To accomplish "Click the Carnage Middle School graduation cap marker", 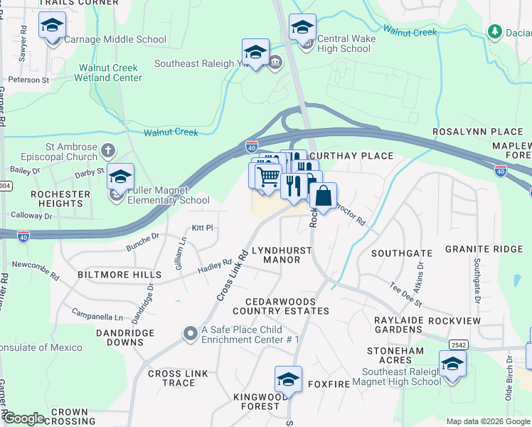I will coord(52,26).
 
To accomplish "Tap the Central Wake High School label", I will coord(344,44).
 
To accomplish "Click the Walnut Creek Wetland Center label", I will coord(109,73).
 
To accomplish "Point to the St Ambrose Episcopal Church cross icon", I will coord(107,151).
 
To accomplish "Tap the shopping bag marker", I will coord(323,196).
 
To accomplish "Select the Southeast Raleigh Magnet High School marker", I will coord(452,364).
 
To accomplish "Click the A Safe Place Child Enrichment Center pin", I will coord(190,333).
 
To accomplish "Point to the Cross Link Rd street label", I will coord(232,273).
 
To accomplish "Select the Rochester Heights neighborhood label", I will coord(60,199).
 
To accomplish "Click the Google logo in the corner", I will coord(23,418).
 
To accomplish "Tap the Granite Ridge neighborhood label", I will coord(484,249).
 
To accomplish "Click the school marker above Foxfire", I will coord(288,380).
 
